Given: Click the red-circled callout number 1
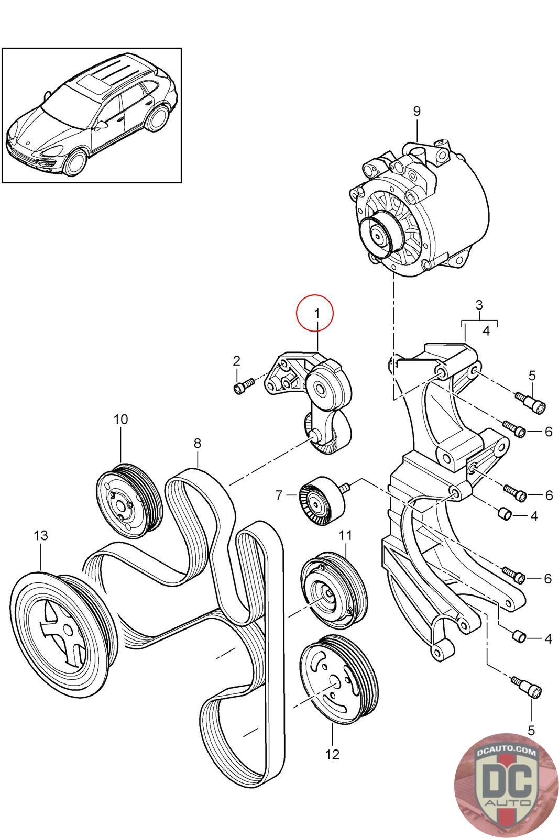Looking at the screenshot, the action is click(317, 314).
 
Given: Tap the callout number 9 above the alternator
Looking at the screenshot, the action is click(417, 111).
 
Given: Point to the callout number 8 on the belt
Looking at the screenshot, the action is click(197, 443).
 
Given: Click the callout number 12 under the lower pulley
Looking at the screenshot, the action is click(332, 754).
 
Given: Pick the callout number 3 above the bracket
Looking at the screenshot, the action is click(479, 305).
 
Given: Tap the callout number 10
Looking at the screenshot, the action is click(121, 420).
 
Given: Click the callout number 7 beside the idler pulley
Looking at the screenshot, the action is click(279, 495).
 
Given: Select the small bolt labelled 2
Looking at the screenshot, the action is click(243, 385).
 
